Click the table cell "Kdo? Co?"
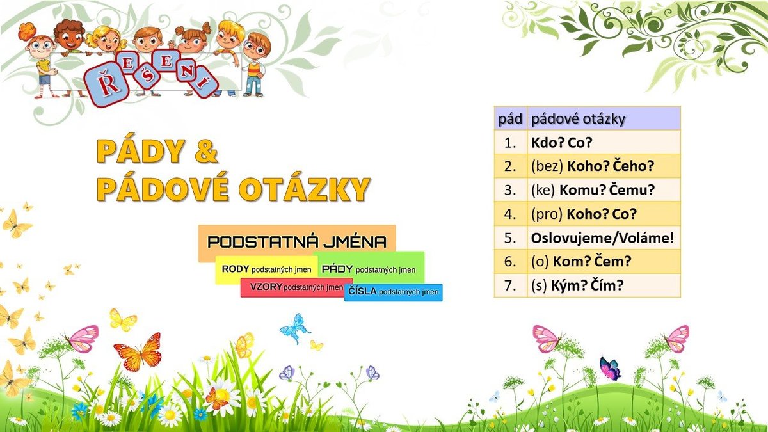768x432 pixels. pyautogui.click(x=604, y=142)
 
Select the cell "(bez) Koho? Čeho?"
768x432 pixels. pyautogui.click(x=604, y=166)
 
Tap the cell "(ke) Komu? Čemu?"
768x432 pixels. pyautogui.click(x=604, y=190)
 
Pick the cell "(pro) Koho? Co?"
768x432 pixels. pyautogui.click(x=604, y=214)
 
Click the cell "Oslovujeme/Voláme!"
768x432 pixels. pyautogui.click(x=604, y=237)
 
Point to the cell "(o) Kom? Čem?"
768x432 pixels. pyautogui.click(x=604, y=261)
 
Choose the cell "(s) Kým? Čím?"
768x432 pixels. pyautogui.click(x=604, y=285)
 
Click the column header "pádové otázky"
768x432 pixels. pyautogui.click(x=604, y=118)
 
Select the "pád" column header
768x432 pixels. pyautogui.click(x=511, y=118)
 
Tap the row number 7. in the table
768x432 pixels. pyautogui.click(x=511, y=285)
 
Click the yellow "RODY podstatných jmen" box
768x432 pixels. pyautogui.click(x=266, y=269)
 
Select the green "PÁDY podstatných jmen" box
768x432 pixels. pyautogui.click(x=369, y=268)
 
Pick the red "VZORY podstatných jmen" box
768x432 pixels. pyautogui.click(x=296, y=287)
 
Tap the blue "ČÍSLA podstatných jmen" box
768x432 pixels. pyautogui.click(x=393, y=292)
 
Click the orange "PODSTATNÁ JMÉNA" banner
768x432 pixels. pyautogui.click(x=297, y=242)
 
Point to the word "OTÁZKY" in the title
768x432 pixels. pyautogui.click(x=304, y=189)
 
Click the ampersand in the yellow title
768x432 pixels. pyautogui.click(x=206, y=151)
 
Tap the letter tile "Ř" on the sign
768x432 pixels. pyautogui.click(x=106, y=84)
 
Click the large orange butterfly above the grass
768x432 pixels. pyautogui.click(x=138, y=352)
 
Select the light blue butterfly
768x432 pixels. pyautogui.click(x=295, y=328)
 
